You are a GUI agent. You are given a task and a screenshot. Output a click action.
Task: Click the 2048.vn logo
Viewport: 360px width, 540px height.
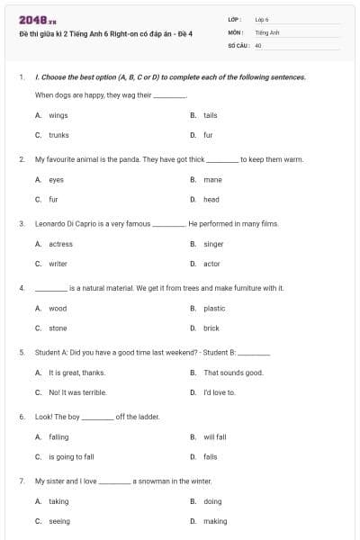pyautogui.click(x=31, y=19)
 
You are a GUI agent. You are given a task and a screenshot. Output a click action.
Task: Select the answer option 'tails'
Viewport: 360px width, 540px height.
pyautogui.click(x=210, y=115)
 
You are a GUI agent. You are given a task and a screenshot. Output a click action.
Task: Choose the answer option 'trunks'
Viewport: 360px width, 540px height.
pyautogui.click(x=58, y=135)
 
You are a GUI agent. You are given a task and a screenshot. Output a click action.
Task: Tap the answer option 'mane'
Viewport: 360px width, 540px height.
pyautogui.click(x=212, y=180)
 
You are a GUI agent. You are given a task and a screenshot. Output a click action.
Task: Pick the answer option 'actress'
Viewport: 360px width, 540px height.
pyautogui.click(x=60, y=244)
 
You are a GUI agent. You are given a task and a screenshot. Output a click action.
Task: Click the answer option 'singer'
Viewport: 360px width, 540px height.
pyautogui.click(x=213, y=244)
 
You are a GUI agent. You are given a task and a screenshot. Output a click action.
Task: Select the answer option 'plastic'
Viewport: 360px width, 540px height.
pyautogui.click(x=214, y=309)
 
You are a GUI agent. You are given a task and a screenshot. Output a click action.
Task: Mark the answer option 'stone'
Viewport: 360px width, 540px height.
pyautogui.click(x=58, y=328)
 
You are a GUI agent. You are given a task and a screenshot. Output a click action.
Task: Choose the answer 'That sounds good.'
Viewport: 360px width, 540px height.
pyautogui.click(x=233, y=373)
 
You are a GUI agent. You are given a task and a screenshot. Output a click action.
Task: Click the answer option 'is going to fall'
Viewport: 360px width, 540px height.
pyautogui.click(x=71, y=457)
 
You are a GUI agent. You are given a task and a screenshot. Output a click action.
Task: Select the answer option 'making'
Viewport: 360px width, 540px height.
pyautogui.click(x=215, y=521)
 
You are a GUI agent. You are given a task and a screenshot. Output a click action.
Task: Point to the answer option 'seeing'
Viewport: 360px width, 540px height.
pyautogui.click(x=58, y=521)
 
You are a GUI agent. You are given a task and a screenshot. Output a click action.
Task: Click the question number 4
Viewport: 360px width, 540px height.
pyautogui.click(x=21, y=288)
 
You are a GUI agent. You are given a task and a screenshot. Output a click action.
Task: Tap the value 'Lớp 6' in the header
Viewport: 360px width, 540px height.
pyautogui.click(x=262, y=19)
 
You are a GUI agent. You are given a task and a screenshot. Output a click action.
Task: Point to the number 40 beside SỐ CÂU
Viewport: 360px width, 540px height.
pyautogui.click(x=258, y=45)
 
